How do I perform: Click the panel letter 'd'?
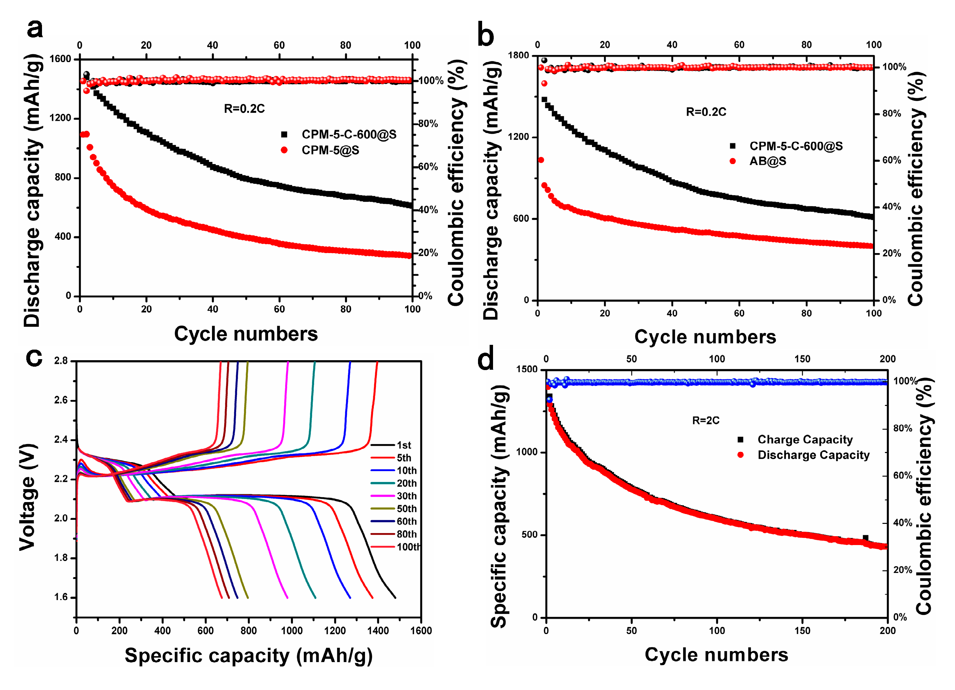coord(486,360)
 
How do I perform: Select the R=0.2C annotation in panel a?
coord(244,109)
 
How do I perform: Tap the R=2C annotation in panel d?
coord(706,420)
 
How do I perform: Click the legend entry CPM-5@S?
coord(330,150)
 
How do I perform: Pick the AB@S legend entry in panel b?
coord(767,161)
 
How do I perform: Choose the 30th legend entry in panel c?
coord(406,496)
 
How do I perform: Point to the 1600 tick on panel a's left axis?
coord(60,59)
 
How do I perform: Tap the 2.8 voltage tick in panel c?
coord(61,361)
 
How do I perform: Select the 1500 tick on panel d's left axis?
coord(527,369)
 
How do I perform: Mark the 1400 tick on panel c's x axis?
coord(378,631)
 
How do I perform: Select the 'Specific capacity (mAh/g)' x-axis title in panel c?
coord(249,656)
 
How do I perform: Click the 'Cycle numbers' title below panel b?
coord(705,337)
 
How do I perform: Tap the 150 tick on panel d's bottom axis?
coord(802,631)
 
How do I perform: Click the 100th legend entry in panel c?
coord(408,547)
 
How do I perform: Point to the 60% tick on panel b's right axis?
coord(891,160)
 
